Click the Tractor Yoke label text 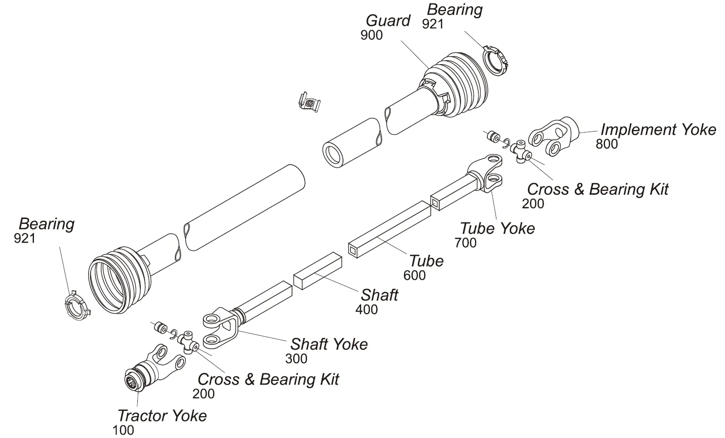[x=162, y=416]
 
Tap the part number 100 [x=123, y=430]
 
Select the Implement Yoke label [x=658, y=130]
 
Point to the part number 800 [x=607, y=144]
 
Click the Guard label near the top [x=388, y=21]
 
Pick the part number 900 [x=372, y=35]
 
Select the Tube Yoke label [x=497, y=228]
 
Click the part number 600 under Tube [x=414, y=275]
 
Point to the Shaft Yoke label [x=329, y=344]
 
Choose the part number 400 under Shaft [x=366, y=309]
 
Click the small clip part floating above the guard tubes [x=310, y=102]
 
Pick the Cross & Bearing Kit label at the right [x=597, y=189]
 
